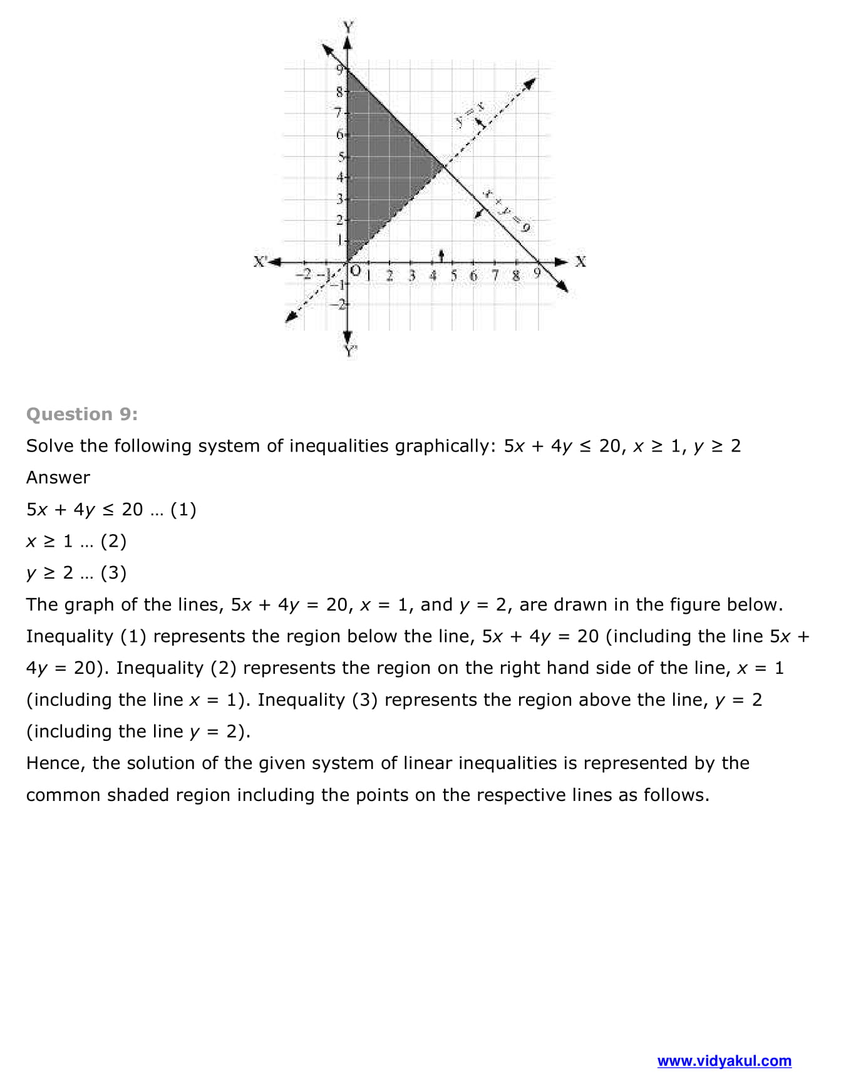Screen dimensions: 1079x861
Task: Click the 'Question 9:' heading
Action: tap(82, 414)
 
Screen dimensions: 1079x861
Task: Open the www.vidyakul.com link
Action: tap(724, 1061)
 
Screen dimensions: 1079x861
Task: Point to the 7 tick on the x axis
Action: tap(495, 275)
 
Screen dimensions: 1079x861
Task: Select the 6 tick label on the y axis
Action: tap(340, 134)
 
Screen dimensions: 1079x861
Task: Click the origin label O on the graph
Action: tap(356, 271)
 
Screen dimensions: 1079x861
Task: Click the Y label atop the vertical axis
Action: tap(348, 27)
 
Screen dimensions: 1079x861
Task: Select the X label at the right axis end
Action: tap(580, 261)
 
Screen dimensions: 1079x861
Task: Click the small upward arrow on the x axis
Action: tap(441, 255)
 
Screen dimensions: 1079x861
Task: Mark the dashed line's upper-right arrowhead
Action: tap(530, 82)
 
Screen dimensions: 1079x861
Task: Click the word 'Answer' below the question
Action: tap(58, 477)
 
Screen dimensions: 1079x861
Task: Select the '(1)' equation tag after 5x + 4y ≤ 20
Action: tap(183, 509)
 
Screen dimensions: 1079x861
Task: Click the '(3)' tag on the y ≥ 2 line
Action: tap(113, 572)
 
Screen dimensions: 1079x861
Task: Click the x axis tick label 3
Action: tap(411, 275)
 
